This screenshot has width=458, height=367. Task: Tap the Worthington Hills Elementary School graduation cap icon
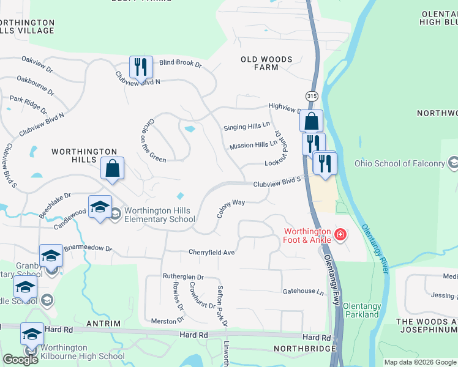point(100,207)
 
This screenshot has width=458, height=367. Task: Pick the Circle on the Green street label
point(154,140)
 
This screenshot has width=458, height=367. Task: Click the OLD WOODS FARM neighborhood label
point(266,64)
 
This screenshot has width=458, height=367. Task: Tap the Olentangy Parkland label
point(361,310)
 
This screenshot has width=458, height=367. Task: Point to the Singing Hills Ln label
point(247,127)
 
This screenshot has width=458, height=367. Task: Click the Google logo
point(20,359)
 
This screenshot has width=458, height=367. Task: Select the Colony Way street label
point(231,208)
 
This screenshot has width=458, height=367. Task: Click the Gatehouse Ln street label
point(302,292)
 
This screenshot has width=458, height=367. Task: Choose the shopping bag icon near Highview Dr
point(312,120)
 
